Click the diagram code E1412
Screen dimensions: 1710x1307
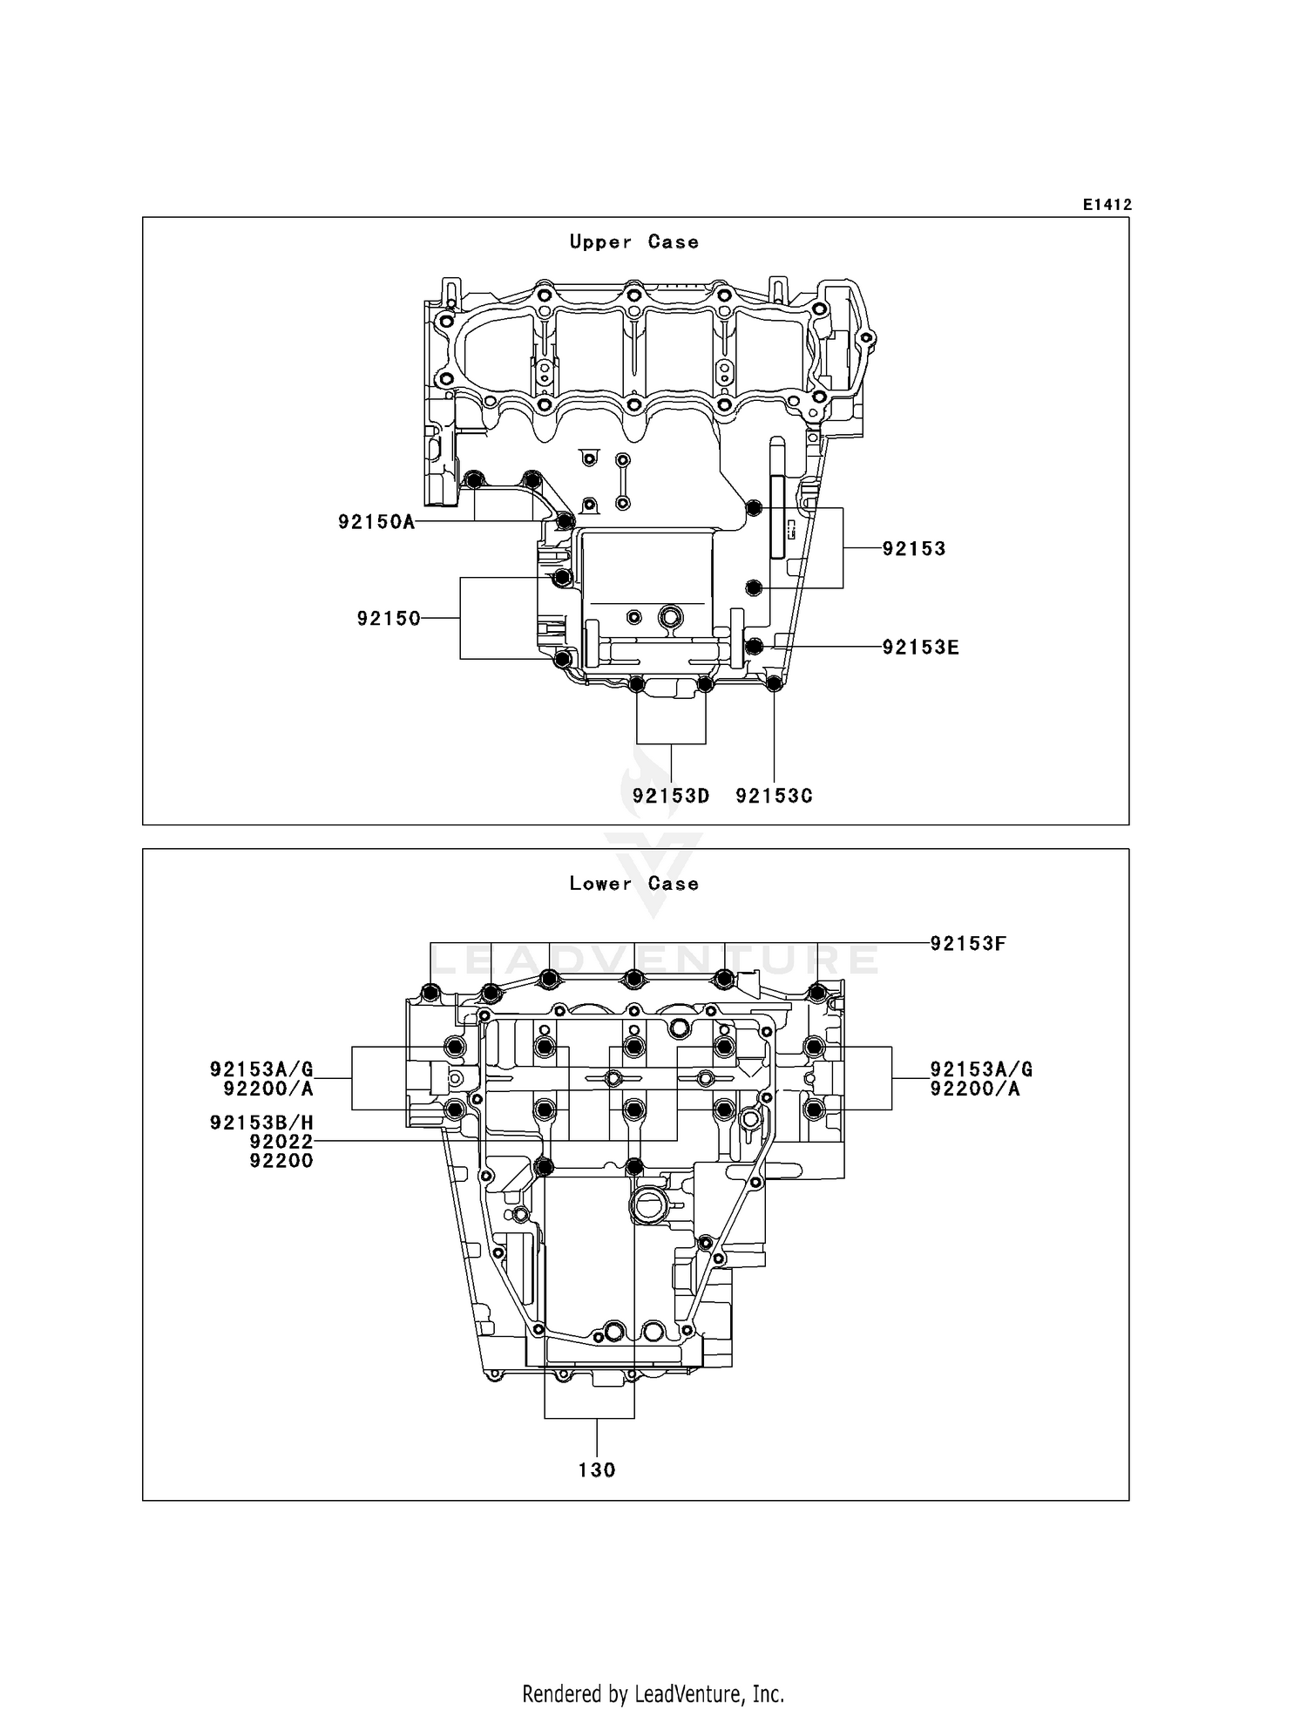[1107, 205]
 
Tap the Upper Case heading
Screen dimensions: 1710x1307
[633, 242]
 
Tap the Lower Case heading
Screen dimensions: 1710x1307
[633, 884]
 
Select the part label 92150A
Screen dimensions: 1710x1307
[376, 522]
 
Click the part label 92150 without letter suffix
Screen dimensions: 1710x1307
[389, 619]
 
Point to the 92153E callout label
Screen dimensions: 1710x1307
[920, 648]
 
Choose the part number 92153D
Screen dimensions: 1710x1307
[671, 797]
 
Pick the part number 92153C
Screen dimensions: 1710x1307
[774, 797]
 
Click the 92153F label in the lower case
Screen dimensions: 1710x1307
[968, 944]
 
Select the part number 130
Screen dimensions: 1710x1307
[597, 1471]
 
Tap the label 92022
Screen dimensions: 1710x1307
[281, 1142]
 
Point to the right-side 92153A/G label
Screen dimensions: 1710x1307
[981, 1069]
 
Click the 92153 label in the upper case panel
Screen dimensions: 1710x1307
[914, 549]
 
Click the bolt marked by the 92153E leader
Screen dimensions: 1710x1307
[755, 646]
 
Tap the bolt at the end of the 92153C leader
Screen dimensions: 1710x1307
[774, 683]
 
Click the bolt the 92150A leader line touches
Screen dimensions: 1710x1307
[565, 521]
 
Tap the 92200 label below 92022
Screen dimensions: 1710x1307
[281, 1161]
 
